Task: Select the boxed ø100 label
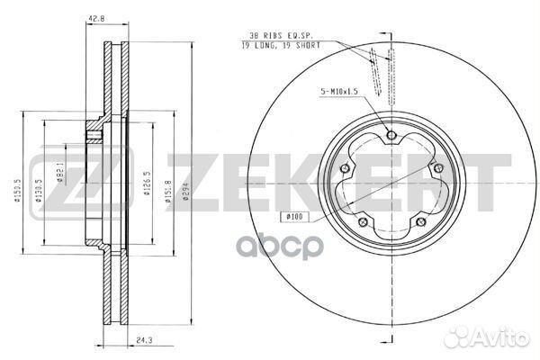(296, 216)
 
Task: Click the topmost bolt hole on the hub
(390, 136)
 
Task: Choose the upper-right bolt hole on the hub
(436, 169)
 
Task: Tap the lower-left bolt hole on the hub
(362, 223)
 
